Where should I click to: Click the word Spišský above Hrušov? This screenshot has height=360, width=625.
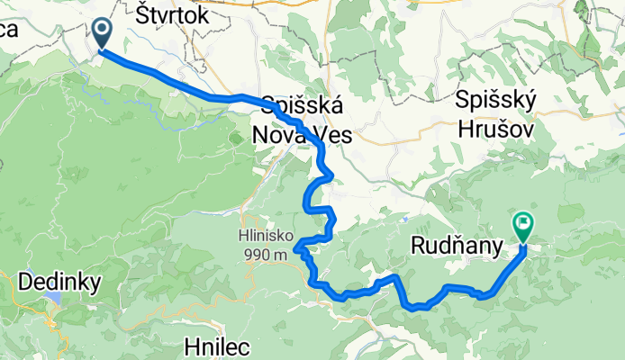496,99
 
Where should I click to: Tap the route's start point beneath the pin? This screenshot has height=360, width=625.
100,50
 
